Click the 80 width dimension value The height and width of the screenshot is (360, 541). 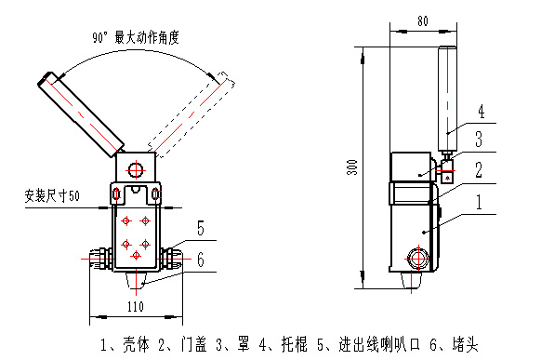click(x=423, y=21)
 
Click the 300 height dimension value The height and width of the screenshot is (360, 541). click(x=352, y=167)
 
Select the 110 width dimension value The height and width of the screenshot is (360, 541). click(x=136, y=306)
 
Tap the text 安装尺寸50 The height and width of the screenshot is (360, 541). click(x=52, y=195)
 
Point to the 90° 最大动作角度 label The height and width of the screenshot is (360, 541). click(x=136, y=37)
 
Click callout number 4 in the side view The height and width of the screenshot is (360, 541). click(x=481, y=112)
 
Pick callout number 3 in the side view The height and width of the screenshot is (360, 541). click(x=479, y=140)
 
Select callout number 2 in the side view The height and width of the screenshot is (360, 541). click(x=479, y=170)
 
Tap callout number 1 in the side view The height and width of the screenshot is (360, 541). click(x=479, y=202)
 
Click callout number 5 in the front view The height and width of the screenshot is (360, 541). click(x=201, y=228)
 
